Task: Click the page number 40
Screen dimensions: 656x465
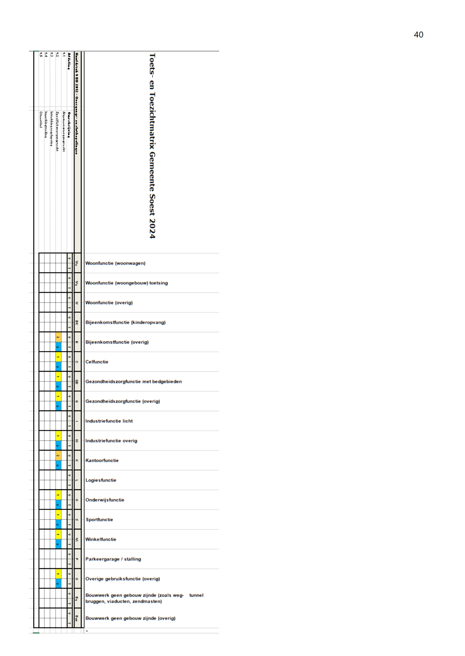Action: [418, 35]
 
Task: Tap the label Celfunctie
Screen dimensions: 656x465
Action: [97, 362]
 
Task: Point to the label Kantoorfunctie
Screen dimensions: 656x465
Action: [102, 460]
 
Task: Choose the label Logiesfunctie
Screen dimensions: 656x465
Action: [101, 480]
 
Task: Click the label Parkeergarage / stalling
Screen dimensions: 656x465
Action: [113, 559]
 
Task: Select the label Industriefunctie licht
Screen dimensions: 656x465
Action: [109, 421]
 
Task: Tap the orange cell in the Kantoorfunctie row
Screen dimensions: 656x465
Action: [58, 455]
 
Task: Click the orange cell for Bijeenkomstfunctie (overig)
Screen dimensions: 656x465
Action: [58, 337]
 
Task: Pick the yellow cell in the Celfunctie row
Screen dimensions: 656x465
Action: [58, 357]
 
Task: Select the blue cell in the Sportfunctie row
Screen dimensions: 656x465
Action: [58, 525]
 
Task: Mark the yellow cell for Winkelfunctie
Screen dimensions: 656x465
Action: [58, 534]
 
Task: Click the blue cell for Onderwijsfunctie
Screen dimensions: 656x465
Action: [58, 505]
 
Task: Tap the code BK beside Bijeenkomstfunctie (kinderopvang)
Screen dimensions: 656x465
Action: [77, 322]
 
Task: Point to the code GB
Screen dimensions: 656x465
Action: [77, 382]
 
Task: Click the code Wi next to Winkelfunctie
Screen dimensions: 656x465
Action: [77, 539]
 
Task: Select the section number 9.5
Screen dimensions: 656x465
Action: [41, 55]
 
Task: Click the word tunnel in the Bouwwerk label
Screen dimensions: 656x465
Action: [196, 595]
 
